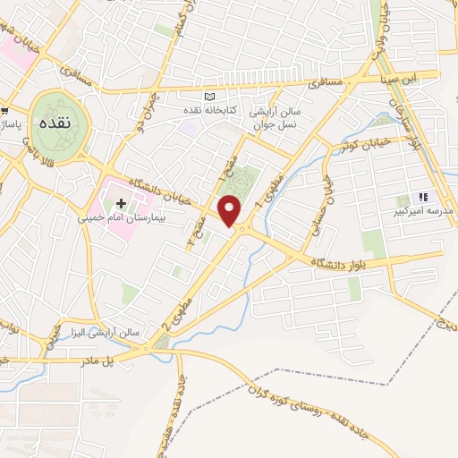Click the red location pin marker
[x=232, y=211]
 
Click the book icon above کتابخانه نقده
[x=210, y=97]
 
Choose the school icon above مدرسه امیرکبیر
[x=422, y=197]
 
